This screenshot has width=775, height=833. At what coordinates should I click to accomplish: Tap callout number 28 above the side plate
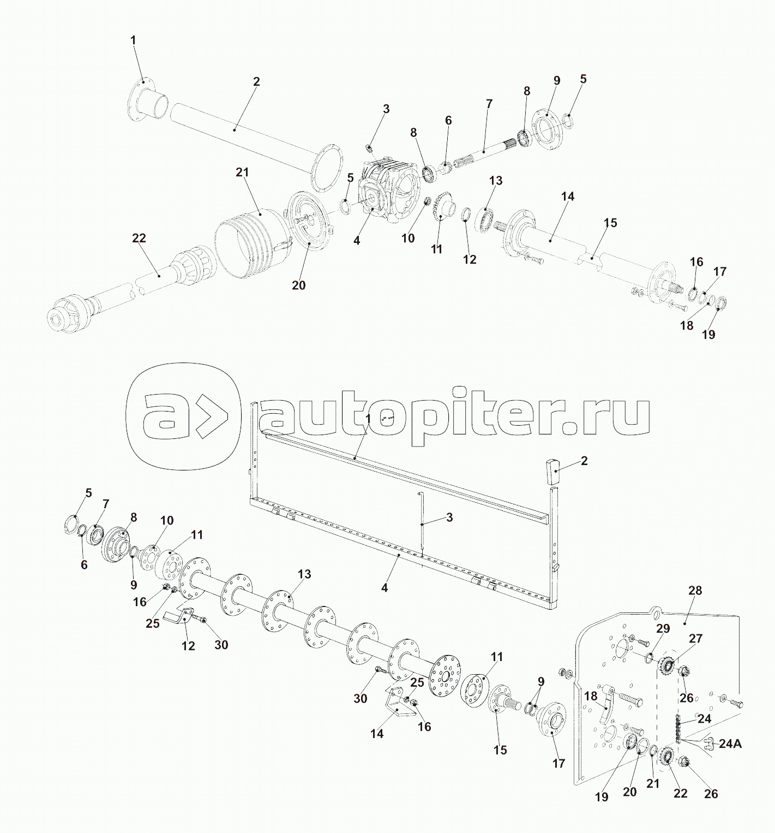[695, 591]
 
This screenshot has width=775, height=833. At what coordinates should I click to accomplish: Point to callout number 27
[695, 638]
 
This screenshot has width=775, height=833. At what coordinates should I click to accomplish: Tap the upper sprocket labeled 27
[666, 665]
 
